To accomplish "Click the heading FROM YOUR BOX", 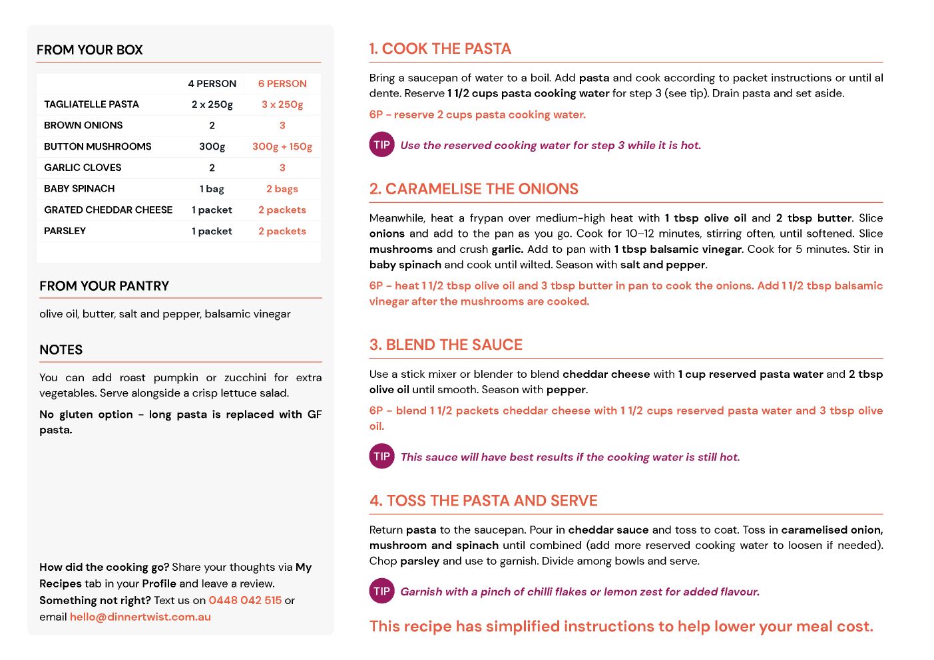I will (90, 50).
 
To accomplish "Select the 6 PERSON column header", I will (282, 84).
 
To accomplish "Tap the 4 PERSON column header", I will (212, 84).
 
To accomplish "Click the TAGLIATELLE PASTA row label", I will (91, 104).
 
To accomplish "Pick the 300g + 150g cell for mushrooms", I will (282, 146).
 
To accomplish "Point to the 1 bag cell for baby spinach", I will (212, 189).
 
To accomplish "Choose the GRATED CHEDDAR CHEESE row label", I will (108, 210).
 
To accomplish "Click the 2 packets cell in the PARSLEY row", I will (282, 232).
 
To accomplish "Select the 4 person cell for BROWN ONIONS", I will (212, 126).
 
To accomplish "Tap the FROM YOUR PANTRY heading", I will (104, 286).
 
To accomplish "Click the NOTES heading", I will (61, 350).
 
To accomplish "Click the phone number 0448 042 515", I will (245, 600).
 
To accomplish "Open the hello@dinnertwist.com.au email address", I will (140, 617).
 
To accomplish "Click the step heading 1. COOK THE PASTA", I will (440, 49).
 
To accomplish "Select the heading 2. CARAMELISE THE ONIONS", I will (473, 189).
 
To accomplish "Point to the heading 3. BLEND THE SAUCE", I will (446, 345).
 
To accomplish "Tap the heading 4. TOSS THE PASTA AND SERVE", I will (483, 501).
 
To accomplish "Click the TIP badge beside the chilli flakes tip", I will (381, 591).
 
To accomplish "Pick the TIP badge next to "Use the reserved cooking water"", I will (381, 144).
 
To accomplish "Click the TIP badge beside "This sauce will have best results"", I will (381, 456).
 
